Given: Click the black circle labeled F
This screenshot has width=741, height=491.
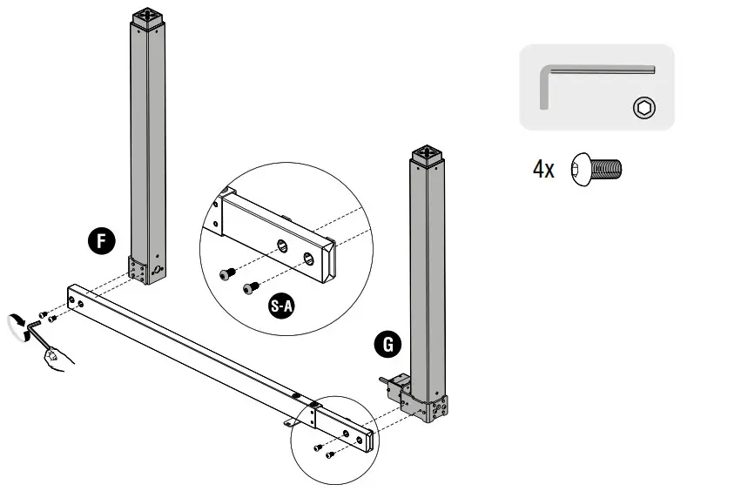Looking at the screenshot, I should click(102, 241).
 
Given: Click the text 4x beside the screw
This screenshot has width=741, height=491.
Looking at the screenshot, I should click(543, 169).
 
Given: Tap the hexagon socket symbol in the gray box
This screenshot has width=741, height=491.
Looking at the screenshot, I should click(644, 108).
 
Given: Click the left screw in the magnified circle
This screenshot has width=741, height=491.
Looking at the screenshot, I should click(228, 275).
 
